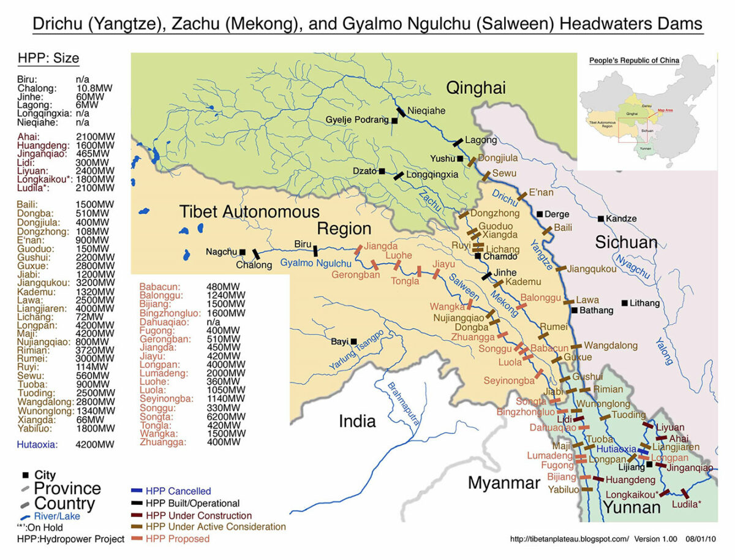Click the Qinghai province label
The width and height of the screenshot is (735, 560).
pos(475,88)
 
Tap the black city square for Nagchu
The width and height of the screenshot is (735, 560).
pos(243,252)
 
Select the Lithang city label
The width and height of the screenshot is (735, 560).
pos(645,303)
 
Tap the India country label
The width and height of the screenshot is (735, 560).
pos(357,421)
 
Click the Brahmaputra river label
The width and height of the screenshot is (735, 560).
pos(404,404)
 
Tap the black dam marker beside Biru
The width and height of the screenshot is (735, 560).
pos(315,251)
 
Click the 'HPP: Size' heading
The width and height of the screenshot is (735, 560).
pos(48,59)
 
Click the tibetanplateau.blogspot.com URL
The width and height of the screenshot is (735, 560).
pos(570,539)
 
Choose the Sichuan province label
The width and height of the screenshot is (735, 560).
pos(626,242)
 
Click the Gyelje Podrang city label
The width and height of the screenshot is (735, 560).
pos(356,119)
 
